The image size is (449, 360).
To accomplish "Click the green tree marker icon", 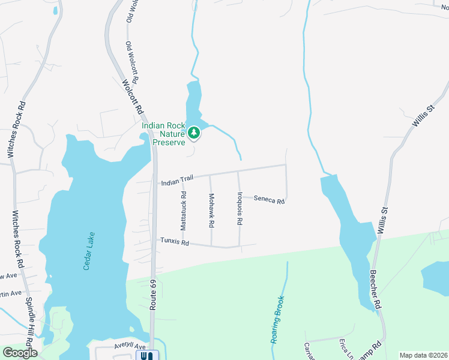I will click(x=193, y=133).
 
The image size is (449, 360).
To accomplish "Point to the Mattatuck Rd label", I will click(x=184, y=211).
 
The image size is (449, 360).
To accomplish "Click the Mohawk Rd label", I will click(x=211, y=210).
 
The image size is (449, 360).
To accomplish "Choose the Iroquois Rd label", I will click(x=239, y=208).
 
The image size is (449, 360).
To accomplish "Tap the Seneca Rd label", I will click(x=268, y=199).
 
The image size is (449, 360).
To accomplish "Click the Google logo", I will click(x=19, y=353).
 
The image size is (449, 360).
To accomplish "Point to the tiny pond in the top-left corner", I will click(x=55, y=10).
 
